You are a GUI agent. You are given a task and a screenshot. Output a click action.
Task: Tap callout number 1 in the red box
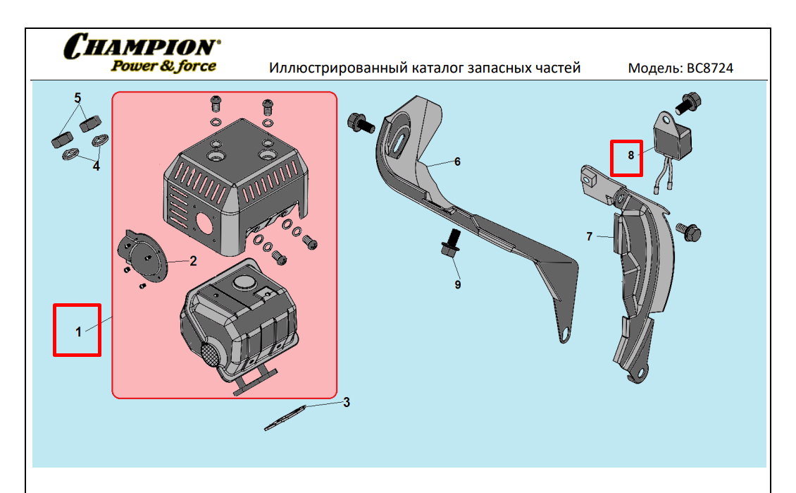79,330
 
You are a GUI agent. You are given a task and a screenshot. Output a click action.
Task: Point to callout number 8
630,154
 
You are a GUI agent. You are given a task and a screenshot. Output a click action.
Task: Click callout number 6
457,162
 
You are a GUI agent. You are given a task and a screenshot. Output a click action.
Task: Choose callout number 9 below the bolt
457,284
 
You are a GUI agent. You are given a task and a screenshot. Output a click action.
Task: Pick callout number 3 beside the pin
346,403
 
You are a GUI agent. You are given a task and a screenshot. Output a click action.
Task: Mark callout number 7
590,236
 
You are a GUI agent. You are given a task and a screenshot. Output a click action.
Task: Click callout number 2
192,261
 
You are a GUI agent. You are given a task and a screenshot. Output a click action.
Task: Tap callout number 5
77,97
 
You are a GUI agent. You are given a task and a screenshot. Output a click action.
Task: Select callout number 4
97,166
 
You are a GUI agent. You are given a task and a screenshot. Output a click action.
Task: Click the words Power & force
163,66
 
